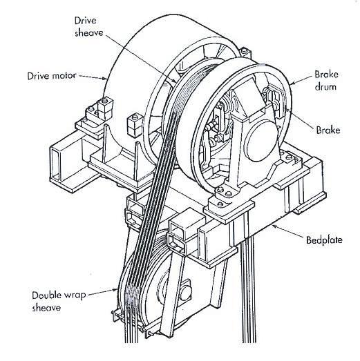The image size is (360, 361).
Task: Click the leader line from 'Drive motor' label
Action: (90, 75)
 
